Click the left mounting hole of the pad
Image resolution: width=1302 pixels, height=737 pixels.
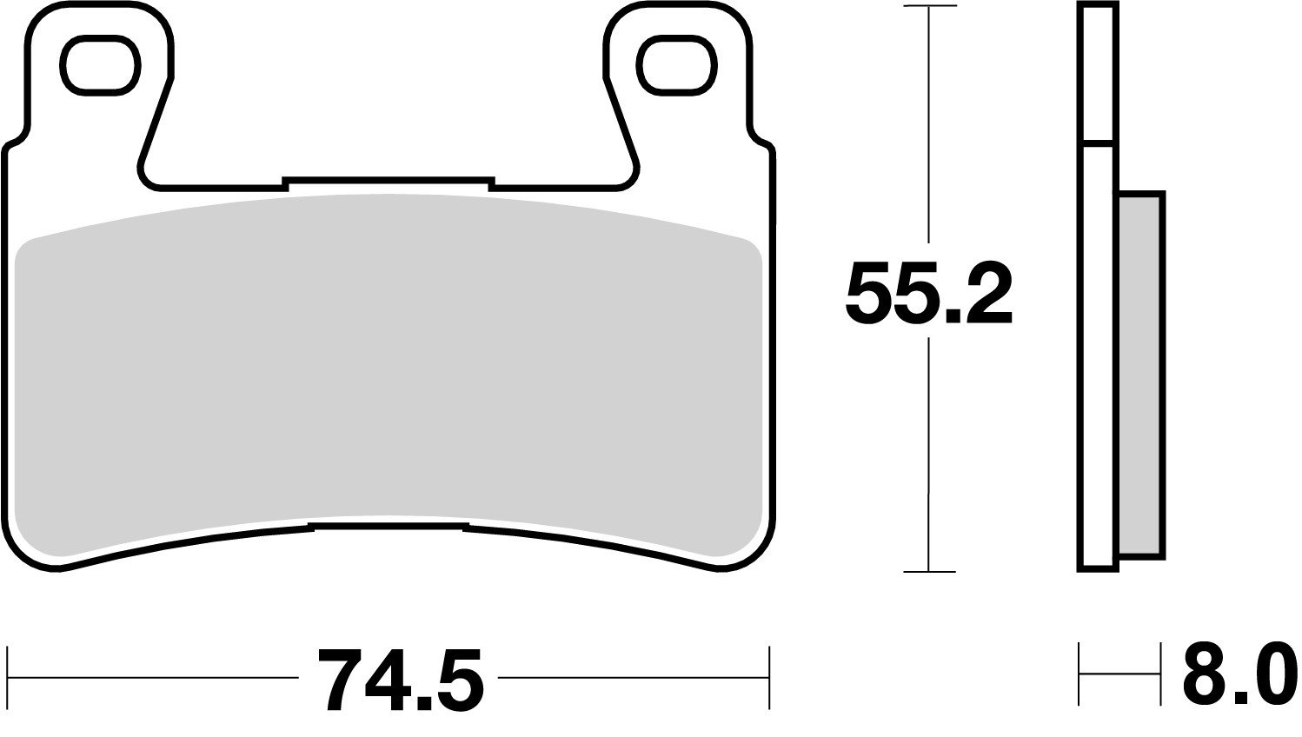point(98,67)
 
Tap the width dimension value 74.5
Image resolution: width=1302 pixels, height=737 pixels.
point(399,680)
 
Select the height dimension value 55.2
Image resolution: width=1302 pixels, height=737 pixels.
point(927,293)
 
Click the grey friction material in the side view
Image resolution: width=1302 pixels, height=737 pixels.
point(1140,374)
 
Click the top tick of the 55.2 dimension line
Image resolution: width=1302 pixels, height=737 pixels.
point(929,7)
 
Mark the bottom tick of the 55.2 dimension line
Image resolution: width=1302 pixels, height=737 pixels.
point(929,572)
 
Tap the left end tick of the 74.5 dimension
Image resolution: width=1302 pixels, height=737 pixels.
point(8,677)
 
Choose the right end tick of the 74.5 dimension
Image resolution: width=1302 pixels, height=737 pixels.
point(769,677)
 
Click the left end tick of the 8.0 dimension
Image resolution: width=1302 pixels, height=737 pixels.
point(1079,674)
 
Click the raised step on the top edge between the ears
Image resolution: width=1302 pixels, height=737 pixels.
point(388,181)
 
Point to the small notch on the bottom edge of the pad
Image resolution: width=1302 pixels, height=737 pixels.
point(389,527)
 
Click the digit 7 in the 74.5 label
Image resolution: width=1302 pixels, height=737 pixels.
point(339,680)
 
